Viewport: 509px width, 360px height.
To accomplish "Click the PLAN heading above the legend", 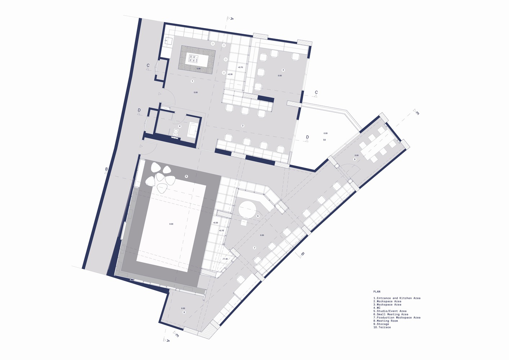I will (377, 292).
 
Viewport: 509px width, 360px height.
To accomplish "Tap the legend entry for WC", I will (377, 308).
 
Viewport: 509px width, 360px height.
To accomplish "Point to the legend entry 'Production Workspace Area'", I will (397, 318).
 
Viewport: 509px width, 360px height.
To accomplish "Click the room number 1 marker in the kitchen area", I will (192, 81).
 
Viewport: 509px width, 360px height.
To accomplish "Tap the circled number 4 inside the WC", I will (180, 126).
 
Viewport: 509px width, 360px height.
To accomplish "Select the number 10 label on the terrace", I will (324, 140).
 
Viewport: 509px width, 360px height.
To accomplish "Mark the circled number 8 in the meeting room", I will (355, 159).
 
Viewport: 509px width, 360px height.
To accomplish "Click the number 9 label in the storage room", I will (184, 312).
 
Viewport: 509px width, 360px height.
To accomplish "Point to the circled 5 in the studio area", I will (186, 176).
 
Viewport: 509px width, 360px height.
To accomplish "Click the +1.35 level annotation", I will (225, 259).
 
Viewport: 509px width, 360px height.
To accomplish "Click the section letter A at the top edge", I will (232, 19).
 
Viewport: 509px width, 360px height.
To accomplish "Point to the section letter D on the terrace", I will (307, 137).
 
